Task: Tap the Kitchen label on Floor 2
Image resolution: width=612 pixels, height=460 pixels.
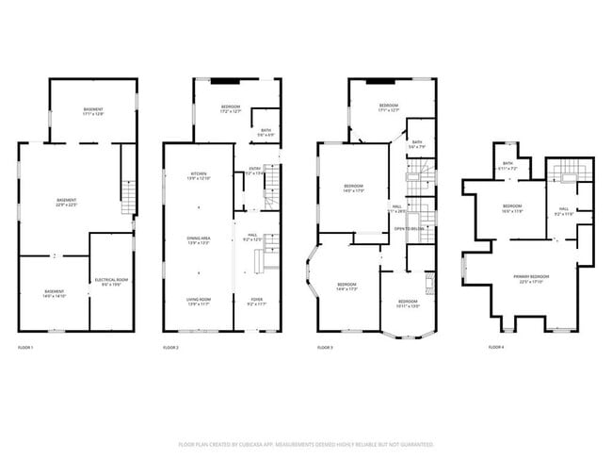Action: (x=199, y=176)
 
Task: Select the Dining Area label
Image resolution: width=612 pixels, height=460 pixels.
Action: (x=199, y=241)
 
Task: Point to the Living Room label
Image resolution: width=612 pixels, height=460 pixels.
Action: (x=199, y=302)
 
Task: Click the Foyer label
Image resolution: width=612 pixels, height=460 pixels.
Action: (x=257, y=302)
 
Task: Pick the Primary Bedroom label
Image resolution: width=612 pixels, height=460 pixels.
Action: (x=532, y=278)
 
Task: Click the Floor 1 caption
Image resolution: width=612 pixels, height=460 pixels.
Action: (x=25, y=348)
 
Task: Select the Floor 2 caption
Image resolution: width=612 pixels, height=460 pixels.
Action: (x=170, y=348)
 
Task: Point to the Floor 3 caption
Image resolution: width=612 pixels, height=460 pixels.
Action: (x=325, y=348)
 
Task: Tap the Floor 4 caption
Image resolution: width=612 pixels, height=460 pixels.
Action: (x=496, y=348)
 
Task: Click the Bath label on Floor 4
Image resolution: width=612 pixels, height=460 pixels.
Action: (x=507, y=166)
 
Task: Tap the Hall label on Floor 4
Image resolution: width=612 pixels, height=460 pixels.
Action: (x=564, y=211)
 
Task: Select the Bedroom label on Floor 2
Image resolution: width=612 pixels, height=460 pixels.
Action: (x=231, y=108)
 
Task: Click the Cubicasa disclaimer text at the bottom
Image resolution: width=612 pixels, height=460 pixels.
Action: (x=306, y=443)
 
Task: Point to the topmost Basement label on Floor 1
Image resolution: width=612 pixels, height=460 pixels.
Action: (x=91, y=112)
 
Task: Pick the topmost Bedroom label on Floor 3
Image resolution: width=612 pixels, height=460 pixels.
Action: (x=390, y=107)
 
